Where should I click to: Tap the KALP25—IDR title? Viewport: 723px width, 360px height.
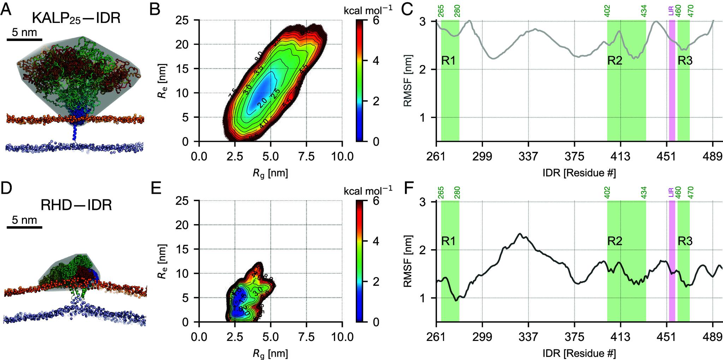click(x=76, y=18)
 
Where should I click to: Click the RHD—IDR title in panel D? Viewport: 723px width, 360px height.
click(x=77, y=205)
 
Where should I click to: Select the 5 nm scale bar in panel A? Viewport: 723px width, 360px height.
click(x=24, y=39)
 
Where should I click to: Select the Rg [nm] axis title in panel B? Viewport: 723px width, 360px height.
click(x=270, y=173)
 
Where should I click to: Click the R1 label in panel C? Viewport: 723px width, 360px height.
click(x=448, y=61)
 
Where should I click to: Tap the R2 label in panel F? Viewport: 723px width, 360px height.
click(x=615, y=241)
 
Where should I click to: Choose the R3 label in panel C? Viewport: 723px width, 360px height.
click(x=685, y=61)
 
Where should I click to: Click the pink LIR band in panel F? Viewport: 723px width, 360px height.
click(x=672, y=261)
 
